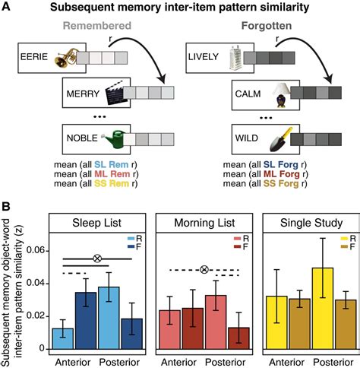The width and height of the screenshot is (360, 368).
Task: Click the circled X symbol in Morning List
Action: pyautogui.click(x=204, y=270)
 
